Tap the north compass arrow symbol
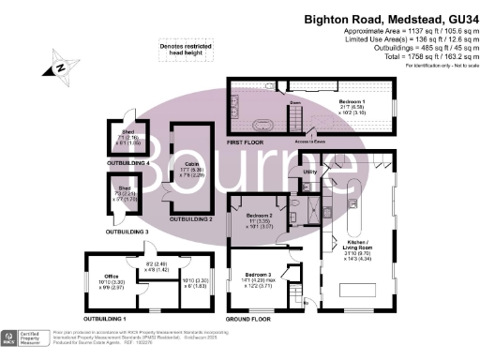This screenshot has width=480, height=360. [x=61, y=67]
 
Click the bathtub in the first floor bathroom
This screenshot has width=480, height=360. [x=262, y=125]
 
